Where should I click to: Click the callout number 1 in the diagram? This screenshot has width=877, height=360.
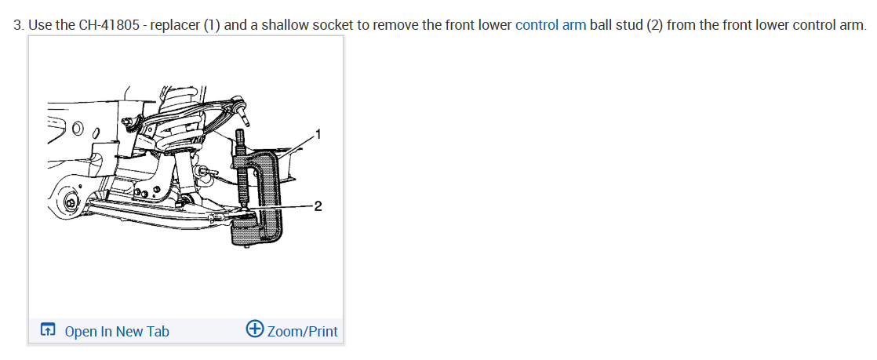point(317,134)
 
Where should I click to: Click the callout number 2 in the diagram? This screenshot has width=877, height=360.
point(317,207)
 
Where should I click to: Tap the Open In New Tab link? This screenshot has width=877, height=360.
point(116,332)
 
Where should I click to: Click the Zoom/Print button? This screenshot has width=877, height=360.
point(302,332)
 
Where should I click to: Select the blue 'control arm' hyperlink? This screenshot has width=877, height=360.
point(551,24)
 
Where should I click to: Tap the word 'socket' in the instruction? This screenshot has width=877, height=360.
point(333,24)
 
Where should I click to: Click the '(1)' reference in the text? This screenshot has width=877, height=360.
point(211,24)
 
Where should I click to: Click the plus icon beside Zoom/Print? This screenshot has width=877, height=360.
point(255,330)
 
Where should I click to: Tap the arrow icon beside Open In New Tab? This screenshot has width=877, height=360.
point(49,331)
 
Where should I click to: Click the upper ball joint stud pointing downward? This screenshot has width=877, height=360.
point(246,118)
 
